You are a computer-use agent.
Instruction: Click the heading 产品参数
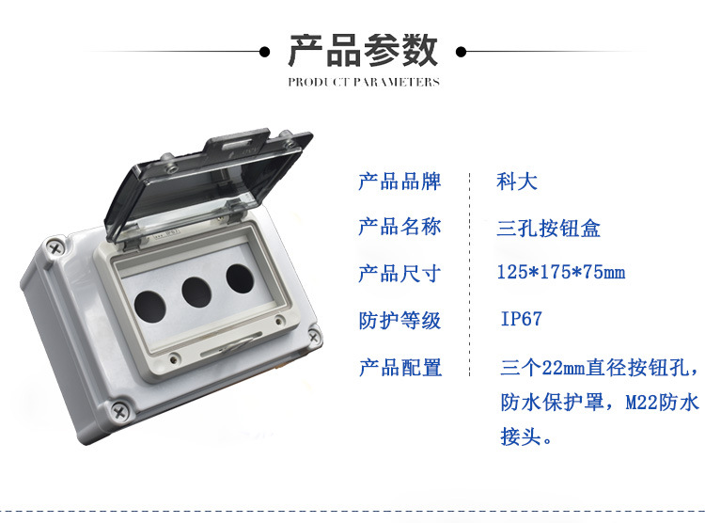[x=363, y=50]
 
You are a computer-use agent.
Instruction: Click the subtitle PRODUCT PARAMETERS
[x=363, y=82]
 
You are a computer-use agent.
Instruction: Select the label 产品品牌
[x=399, y=182]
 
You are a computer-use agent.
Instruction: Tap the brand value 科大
[x=517, y=182]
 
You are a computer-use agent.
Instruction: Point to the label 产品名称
[x=399, y=227]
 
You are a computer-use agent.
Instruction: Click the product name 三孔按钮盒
[x=548, y=228]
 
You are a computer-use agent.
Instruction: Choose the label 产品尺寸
[x=399, y=274]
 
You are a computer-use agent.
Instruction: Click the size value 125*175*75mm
[x=560, y=274]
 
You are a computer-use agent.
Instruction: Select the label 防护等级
[x=399, y=320]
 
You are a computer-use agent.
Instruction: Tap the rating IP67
[x=521, y=320]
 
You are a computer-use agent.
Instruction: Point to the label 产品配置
[x=399, y=367]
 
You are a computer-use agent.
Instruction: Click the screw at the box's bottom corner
[x=119, y=409]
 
